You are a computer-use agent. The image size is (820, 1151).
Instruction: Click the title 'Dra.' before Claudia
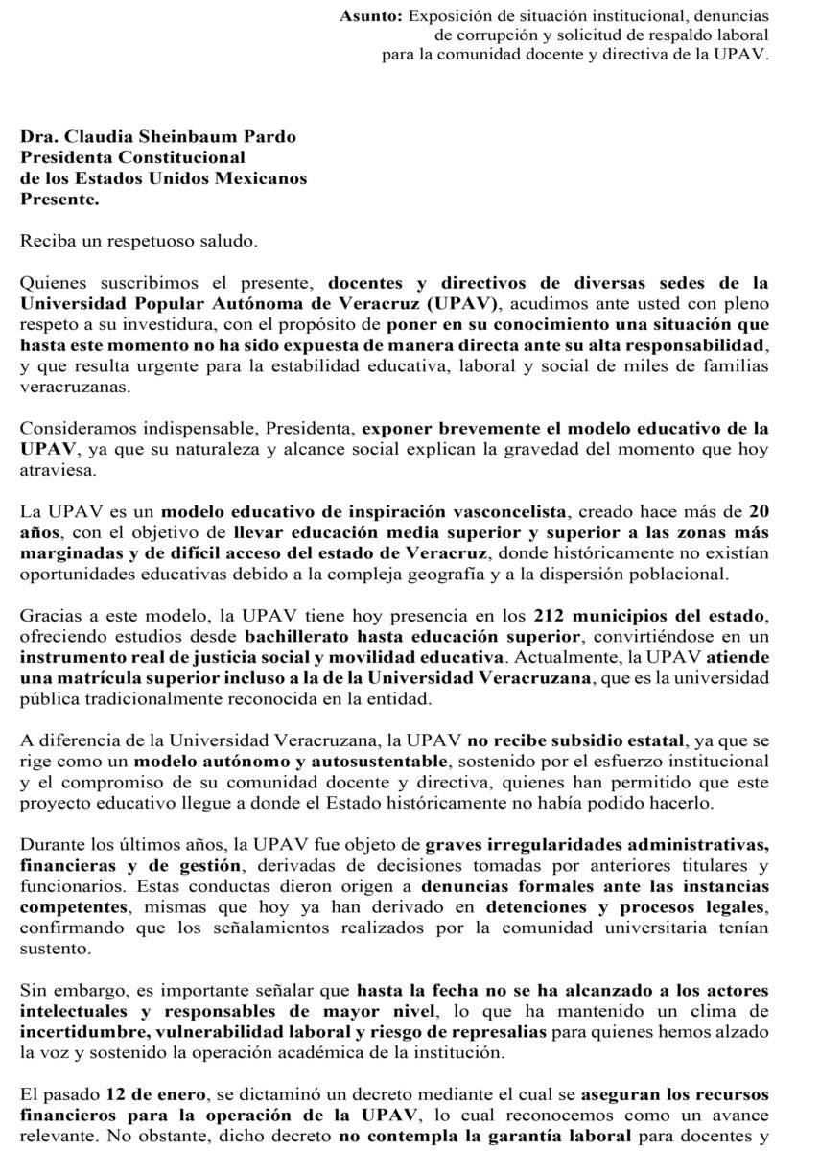[39, 137]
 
